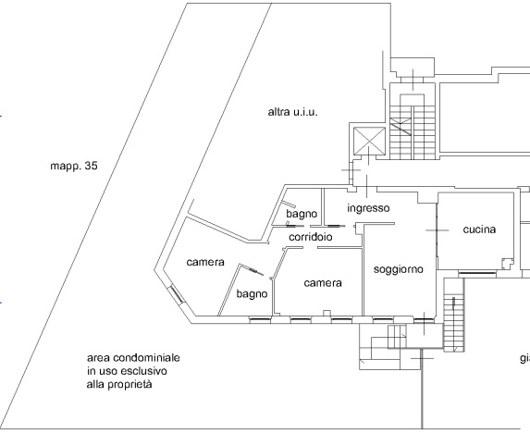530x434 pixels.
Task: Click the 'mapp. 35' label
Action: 74,166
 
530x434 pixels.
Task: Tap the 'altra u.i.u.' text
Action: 292,112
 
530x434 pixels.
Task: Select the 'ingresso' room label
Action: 368,208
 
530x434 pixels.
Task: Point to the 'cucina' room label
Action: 479,229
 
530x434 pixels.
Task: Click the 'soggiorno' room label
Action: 398,269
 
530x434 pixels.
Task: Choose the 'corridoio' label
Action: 310,237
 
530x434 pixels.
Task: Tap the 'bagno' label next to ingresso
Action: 302,214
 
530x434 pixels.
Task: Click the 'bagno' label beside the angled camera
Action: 252,294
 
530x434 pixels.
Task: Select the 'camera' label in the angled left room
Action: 205,262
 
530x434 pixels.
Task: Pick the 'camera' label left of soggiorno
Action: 323,283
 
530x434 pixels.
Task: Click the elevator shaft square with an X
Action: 369,141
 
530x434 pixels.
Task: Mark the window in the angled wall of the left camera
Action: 176,294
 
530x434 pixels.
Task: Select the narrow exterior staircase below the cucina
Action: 454,315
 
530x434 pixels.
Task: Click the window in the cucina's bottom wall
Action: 477,272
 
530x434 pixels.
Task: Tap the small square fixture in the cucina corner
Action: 507,264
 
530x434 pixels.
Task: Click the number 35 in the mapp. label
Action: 92,166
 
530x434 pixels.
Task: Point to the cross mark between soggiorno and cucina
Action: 438,230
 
